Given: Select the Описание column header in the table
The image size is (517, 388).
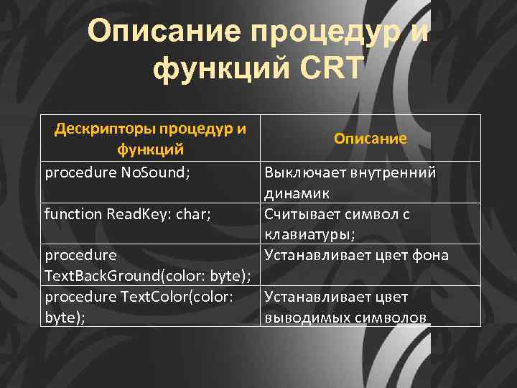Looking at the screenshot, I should point(371,138).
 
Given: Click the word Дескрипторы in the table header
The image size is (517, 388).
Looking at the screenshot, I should point(104,129).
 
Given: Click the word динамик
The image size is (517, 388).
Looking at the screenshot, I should point(297,193).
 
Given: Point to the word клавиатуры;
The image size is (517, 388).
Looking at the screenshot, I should point(304,234).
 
